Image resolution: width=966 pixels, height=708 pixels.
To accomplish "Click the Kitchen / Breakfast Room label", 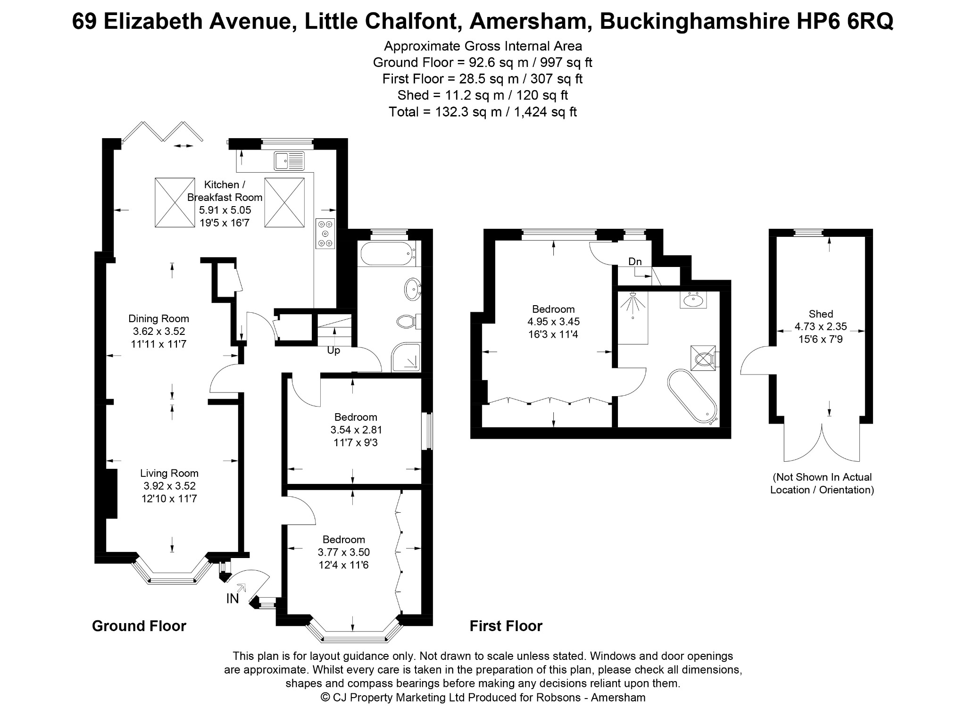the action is pyautogui.click(x=225, y=191).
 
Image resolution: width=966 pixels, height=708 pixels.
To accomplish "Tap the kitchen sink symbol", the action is pyautogui.click(x=289, y=161).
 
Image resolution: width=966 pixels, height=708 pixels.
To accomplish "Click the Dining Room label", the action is pyautogui.click(x=158, y=318).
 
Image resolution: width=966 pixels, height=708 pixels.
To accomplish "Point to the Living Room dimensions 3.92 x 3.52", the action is pyautogui.click(x=169, y=486).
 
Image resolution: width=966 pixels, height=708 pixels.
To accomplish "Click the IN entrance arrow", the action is pyautogui.click(x=241, y=587).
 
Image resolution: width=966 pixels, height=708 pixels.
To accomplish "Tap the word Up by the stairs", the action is pyautogui.click(x=333, y=350).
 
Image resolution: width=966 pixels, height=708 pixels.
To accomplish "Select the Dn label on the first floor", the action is pyautogui.click(x=635, y=262).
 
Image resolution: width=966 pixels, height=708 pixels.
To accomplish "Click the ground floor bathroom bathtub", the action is pyautogui.click(x=388, y=253).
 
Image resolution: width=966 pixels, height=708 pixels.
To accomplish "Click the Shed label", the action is pyautogui.click(x=821, y=314).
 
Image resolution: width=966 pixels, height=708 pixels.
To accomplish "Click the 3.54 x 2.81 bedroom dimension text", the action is pyautogui.click(x=356, y=430).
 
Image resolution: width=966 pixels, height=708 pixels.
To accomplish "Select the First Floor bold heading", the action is pyautogui.click(x=506, y=626).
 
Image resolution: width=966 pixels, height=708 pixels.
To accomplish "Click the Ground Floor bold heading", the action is pyautogui.click(x=139, y=626).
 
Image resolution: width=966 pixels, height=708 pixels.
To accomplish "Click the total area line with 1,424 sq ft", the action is pyautogui.click(x=483, y=112).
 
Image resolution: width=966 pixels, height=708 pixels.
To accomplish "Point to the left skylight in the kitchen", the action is pyautogui.click(x=175, y=203).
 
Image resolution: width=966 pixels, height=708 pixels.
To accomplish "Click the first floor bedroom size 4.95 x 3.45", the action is pyautogui.click(x=553, y=322).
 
